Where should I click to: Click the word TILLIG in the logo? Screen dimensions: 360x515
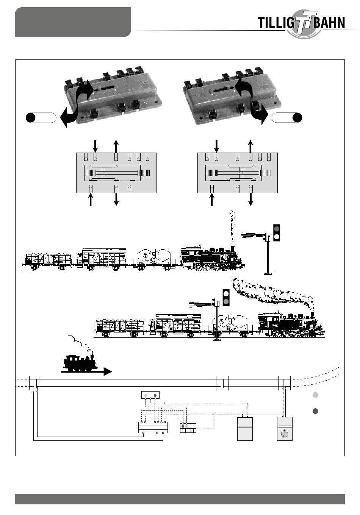[x=276, y=23]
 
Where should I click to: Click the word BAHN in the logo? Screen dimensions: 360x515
[x=329, y=23]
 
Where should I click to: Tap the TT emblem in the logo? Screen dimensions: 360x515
[x=304, y=24]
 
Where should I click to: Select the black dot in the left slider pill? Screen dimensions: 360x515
[x=31, y=118]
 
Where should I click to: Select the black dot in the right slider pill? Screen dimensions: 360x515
[x=297, y=118]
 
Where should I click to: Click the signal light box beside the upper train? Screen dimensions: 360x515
[x=277, y=233]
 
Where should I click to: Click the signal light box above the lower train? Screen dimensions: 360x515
[x=226, y=298]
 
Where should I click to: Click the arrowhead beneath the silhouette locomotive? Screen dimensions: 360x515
[x=107, y=371]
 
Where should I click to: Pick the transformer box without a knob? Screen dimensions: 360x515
[x=245, y=429]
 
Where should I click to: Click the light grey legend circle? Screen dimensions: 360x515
[x=315, y=395]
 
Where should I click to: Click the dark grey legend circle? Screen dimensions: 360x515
[x=315, y=411]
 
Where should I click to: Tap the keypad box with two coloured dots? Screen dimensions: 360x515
[x=188, y=428]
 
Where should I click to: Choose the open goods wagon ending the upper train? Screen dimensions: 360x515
[x=48, y=262]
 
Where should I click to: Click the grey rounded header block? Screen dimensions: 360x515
[x=73, y=22]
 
